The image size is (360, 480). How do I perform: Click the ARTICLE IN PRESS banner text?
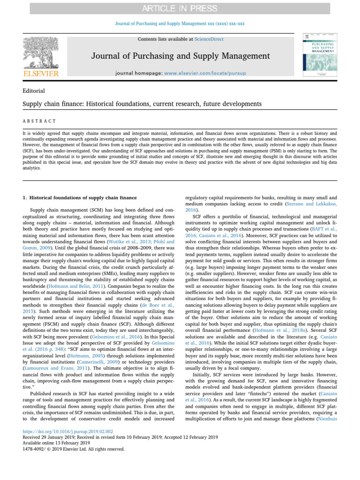(180, 9)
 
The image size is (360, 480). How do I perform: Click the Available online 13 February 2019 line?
(56, 442)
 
